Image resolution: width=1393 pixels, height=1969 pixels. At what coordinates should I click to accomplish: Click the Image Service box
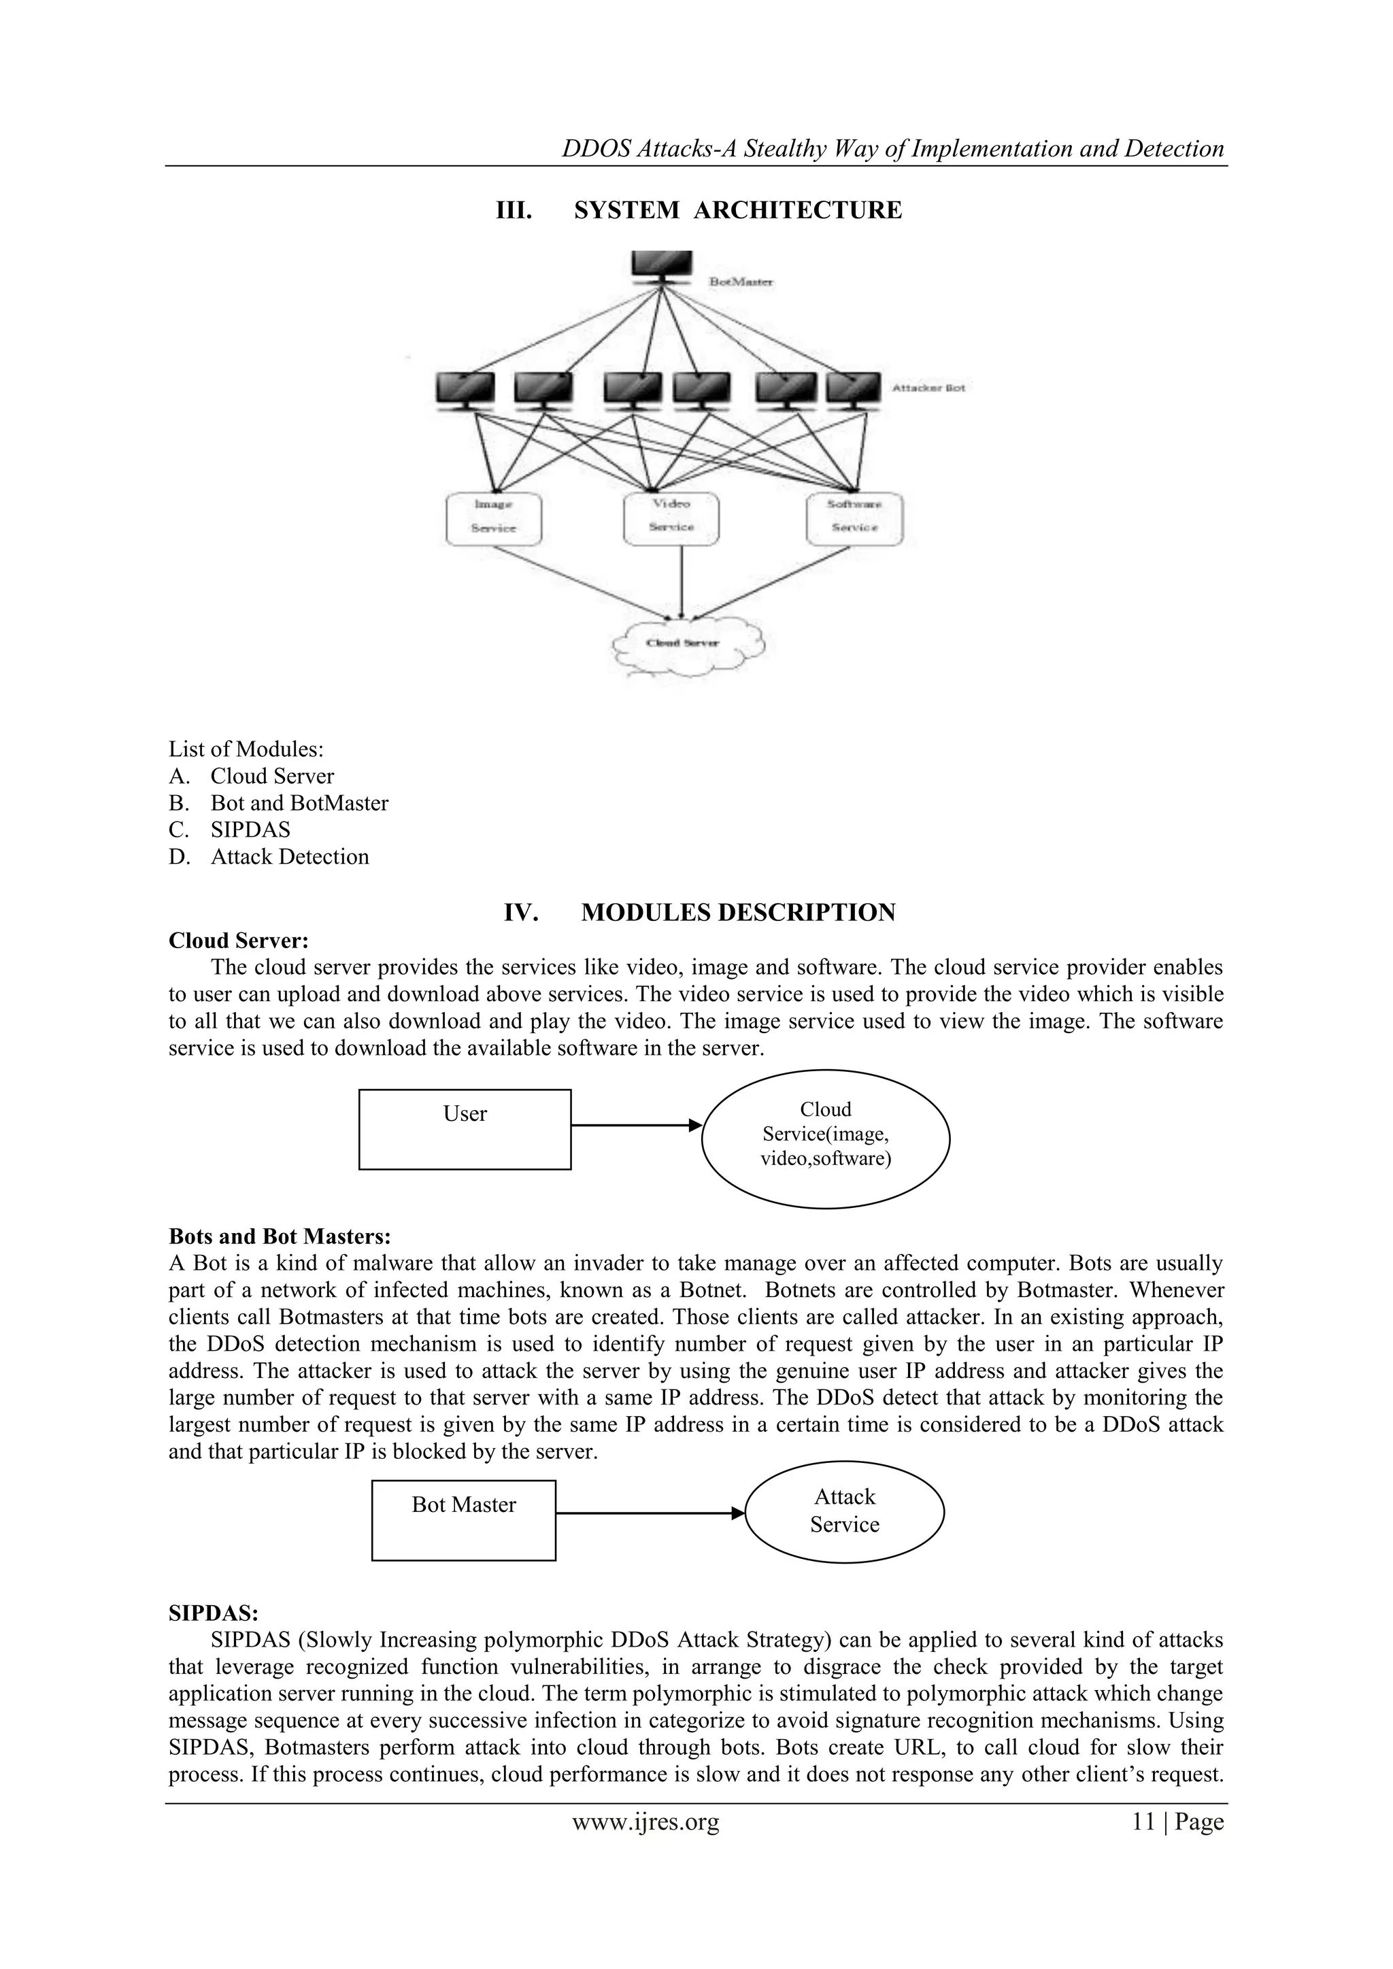[x=494, y=518]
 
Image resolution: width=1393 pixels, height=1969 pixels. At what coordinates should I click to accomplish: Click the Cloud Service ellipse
[x=825, y=1138]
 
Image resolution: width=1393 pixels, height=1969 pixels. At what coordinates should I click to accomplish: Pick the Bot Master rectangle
[x=463, y=1519]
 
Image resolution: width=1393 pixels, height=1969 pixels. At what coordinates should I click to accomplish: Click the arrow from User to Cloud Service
[x=635, y=1125]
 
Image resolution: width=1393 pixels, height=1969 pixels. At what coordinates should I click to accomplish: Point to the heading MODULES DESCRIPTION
[x=738, y=913]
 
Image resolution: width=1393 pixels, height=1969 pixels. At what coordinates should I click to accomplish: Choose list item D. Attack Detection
[x=289, y=857]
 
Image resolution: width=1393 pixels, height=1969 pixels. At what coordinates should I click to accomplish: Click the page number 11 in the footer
[x=1143, y=1840]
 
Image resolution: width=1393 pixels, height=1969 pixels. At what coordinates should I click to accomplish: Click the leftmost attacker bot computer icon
[x=465, y=390]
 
